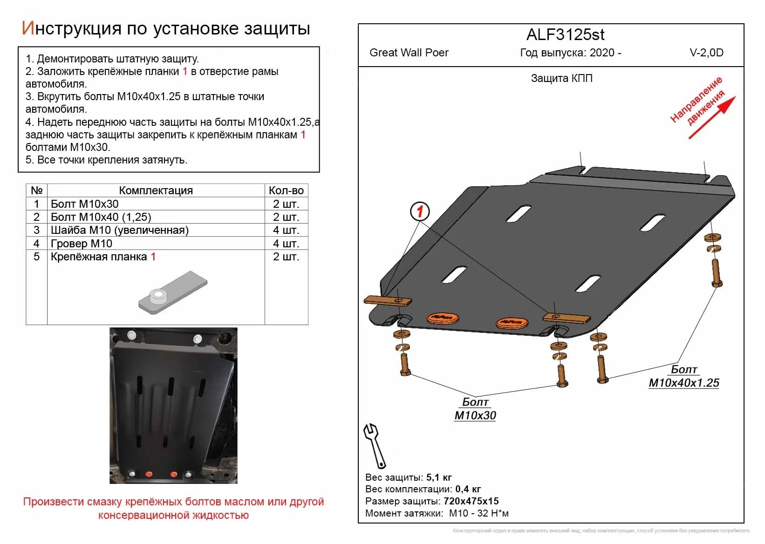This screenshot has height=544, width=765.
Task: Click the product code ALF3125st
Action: [565, 35]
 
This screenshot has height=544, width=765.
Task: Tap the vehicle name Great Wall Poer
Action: [409, 53]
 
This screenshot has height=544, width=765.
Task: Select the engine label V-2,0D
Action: [706, 53]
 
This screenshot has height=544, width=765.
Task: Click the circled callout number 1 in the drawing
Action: [419, 212]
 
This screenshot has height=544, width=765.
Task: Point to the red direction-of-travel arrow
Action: [712, 117]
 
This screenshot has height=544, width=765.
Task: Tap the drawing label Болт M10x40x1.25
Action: [683, 376]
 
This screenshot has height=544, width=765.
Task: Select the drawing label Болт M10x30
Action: [475, 409]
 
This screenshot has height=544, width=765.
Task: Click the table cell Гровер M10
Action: [82, 244]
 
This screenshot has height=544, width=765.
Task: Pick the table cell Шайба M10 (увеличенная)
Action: [120, 230]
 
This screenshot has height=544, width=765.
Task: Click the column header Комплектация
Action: [156, 190]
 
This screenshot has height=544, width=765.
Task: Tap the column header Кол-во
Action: [286, 190]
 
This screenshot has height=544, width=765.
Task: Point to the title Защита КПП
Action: [561, 78]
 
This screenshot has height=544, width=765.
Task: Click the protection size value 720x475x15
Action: [471, 501]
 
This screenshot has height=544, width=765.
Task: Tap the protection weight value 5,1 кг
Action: [439, 477]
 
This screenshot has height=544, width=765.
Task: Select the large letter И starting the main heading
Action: [28, 28]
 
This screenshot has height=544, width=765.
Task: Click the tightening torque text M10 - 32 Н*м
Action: [478, 513]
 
